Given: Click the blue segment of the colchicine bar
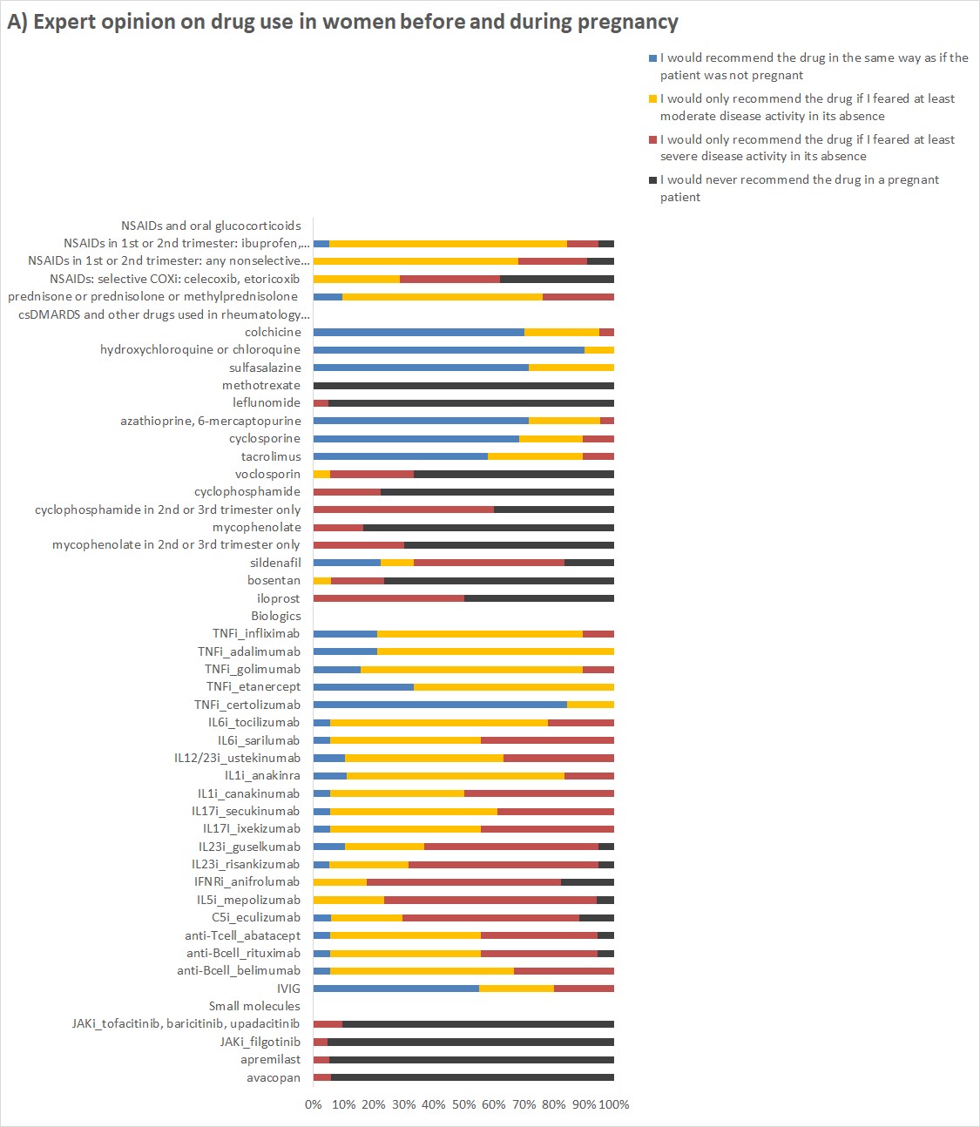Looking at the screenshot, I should click(x=418, y=332).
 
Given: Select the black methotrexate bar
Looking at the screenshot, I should click(x=463, y=385).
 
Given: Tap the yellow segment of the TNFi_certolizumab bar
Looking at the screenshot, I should click(x=590, y=705).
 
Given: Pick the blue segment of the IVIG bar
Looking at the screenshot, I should click(x=395, y=989).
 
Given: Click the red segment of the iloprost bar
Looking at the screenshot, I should click(x=389, y=598).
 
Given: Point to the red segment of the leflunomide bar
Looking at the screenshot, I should click(x=321, y=402).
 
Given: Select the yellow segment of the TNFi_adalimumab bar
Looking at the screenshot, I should click(x=495, y=651).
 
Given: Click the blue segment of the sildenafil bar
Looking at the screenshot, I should click(x=347, y=563).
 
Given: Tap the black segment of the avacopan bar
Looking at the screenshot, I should click(x=472, y=1077).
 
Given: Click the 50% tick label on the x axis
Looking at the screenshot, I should click(x=463, y=1104).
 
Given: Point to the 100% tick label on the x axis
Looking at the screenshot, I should click(x=614, y=1104).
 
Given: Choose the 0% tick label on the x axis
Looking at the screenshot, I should click(x=313, y=1104).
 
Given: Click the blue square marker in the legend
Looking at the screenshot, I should click(x=652, y=58).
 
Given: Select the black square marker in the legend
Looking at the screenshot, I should click(x=652, y=180).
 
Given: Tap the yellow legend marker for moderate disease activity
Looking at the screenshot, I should click(x=652, y=99).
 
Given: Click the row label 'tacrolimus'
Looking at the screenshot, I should click(x=271, y=456).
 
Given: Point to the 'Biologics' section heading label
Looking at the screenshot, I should click(x=276, y=616).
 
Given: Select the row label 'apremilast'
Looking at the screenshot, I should click(x=271, y=1059).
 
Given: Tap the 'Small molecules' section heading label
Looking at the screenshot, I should click(x=254, y=1006).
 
